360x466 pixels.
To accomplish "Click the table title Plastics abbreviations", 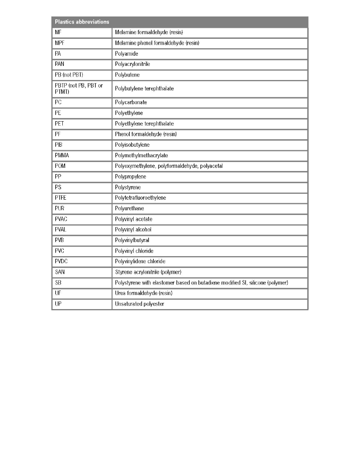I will pyautogui.click(x=82, y=22).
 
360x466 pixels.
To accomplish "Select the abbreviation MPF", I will pyautogui.click(x=60, y=43).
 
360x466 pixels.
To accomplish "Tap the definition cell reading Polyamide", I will pyautogui.click(x=126, y=53).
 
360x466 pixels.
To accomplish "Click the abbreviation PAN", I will pyautogui.click(x=60, y=64).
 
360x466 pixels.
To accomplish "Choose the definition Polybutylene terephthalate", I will pyautogui.click(x=144, y=89).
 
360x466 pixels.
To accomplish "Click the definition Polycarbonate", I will pyautogui.click(x=131, y=102).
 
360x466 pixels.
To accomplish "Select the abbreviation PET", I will pyautogui.click(x=59, y=124).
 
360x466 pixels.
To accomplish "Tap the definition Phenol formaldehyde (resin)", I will pyautogui.click(x=146, y=134).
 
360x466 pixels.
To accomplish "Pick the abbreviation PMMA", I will pyautogui.click(x=62, y=155).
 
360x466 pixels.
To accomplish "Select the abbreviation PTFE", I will pyautogui.click(x=60, y=198).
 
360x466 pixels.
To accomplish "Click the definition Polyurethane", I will pyautogui.click(x=130, y=208).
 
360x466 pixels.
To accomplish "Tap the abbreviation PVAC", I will pyautogui.click(x=61, y=219).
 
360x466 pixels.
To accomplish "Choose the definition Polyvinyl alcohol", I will pyautogui.click(x=133, y=229).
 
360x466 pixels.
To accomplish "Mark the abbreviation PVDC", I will pyautogui.click(x=61, y=261).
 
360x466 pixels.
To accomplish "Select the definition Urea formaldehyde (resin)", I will pyautogui.click(x=144, y=293).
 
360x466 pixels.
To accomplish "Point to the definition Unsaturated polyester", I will pyautogui.click(x=140, y=304).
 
